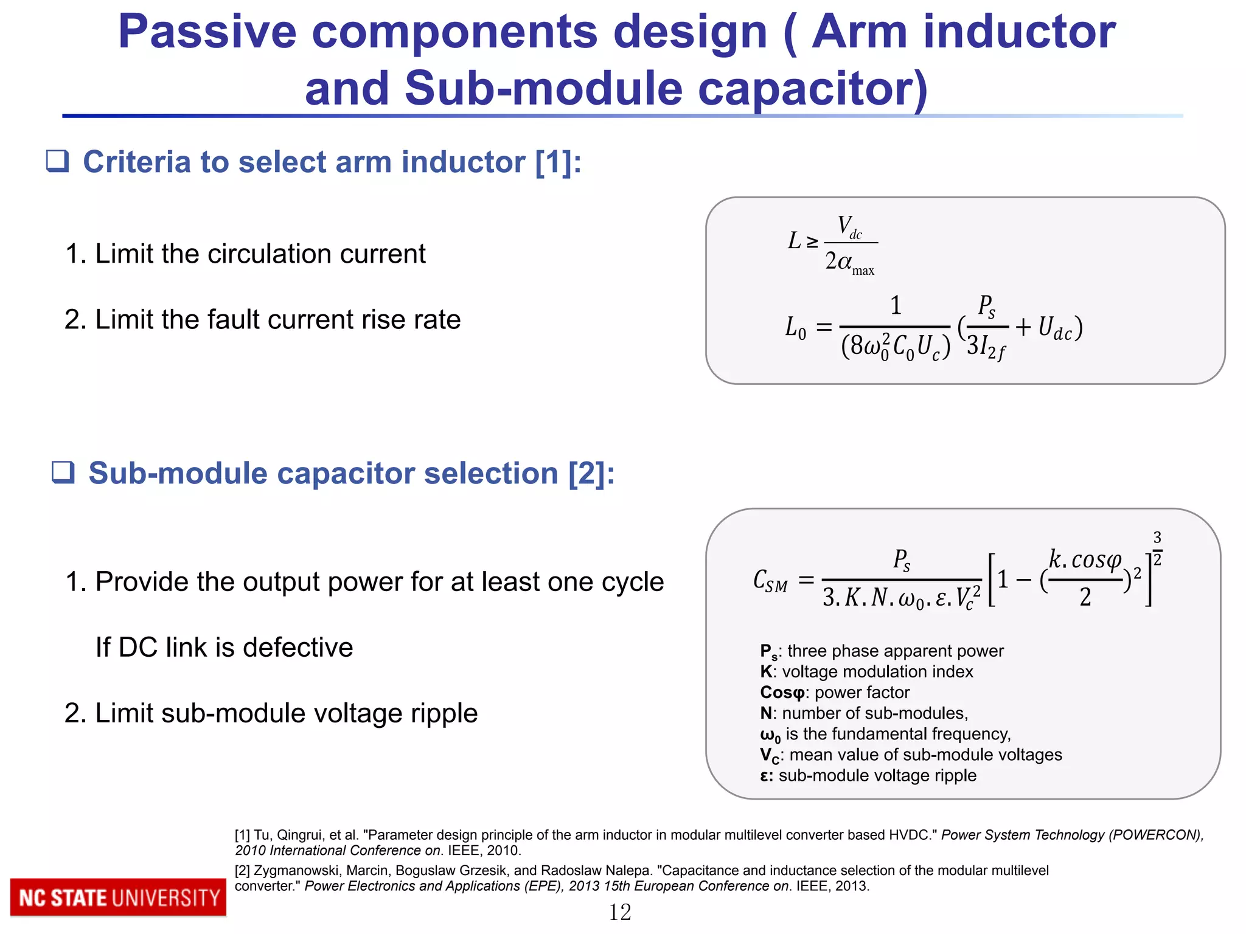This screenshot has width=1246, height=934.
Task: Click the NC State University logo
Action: coord(118,897)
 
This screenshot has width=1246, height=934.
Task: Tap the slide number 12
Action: coord(620,912)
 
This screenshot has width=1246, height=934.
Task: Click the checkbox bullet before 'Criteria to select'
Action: coord(58,161)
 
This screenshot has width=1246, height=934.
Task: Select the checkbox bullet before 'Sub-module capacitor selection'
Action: coord(63,472)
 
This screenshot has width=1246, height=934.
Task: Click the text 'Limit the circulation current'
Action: coord(260,254)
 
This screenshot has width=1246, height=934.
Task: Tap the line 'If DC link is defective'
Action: coord(224,648)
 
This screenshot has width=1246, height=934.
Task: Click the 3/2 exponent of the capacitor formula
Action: coord(1157,548)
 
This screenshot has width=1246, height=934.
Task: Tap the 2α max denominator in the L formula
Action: coord(849,263)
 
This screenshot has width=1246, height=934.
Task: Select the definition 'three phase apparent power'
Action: coord(895,651)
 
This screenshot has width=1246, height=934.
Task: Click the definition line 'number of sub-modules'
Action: coord(874,713)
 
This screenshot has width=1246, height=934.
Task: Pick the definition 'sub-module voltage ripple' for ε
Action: coord(877,776)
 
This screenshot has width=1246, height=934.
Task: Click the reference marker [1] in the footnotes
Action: coord(242,835)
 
